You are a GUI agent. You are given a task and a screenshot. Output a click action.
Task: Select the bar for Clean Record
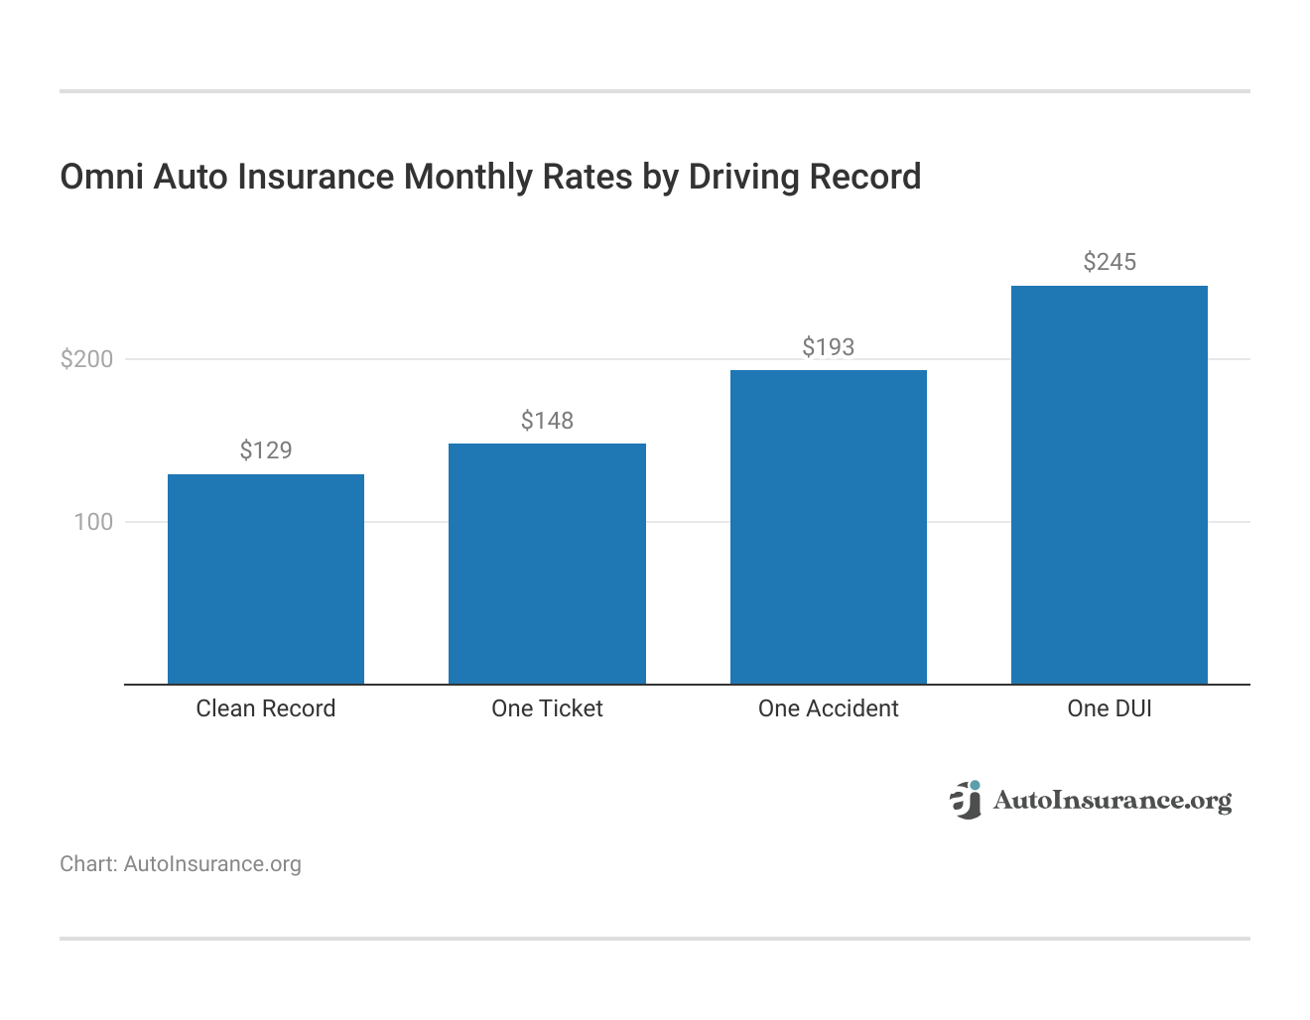pyautogui.click(x=266, y=579)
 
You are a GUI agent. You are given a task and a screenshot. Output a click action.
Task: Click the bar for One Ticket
pyautogui.click(x=547, y=564)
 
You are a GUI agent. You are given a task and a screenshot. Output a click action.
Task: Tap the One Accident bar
pyautogui.click(x=828, y=527)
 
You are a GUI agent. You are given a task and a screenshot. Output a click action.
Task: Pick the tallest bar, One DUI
pyautogui.click(x=1109, y=485)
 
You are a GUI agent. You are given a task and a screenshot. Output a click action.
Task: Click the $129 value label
pyautogui.click(x=266, y=450)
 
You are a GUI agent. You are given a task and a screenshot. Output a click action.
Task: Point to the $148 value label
pyautogui.click(x=547, y=421)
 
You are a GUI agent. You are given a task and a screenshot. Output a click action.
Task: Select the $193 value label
pyautogui.click(x=828, y=347)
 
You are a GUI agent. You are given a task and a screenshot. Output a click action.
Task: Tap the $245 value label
pyautogui.click(x=1109, y=262)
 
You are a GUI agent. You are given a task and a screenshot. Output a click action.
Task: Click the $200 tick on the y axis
pyautogui.click(x=87, y=359)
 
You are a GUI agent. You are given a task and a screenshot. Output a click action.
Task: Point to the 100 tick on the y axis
pyautogui.click(x=93, y=522)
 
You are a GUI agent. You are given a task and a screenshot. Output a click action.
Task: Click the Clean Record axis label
pyautogui.click(x=266, y=708)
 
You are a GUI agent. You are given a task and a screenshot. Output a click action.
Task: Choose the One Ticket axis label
pyautogui.click(x=547, y=708)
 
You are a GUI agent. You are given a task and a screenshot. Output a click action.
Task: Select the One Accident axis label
pyautogui.click(x=828, y=708)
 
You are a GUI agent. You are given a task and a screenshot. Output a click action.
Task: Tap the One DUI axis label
pyautogui.click(x=1109, y=708)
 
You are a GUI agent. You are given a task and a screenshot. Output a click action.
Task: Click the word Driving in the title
pyautogui.click(x=744, y=177)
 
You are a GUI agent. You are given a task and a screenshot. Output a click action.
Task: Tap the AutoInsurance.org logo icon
pyautogui.click(x=965, y=800)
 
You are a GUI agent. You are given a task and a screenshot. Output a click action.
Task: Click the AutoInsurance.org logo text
pyautogui.click(x=1112, y=800)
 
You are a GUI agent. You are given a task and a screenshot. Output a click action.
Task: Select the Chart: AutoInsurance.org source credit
pyautogui.click(x=181, y=864)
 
